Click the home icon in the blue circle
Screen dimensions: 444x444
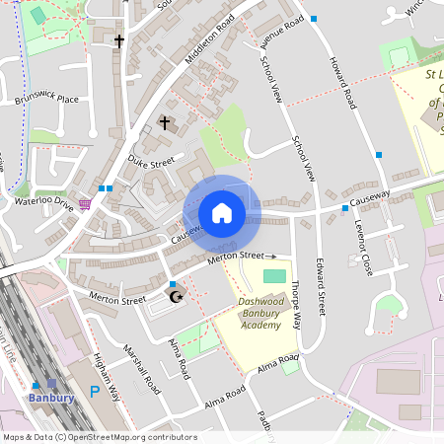222,213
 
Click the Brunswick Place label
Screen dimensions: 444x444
46,100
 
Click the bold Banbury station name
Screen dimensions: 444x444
51,399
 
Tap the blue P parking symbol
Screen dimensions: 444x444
95,392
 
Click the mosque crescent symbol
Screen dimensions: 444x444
178,296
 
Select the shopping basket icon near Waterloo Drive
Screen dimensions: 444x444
86,204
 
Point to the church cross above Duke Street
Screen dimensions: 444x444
166,124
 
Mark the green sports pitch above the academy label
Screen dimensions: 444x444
275,275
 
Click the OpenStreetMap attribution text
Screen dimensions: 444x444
99,437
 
